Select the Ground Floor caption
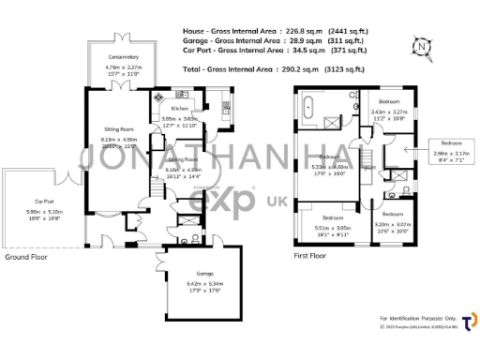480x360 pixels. pyautogui.click(x=26, y=256)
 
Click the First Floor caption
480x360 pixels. pyautogui.click(x=313, y=255)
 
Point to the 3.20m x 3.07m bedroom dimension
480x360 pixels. pyautogui.click(x=392, y=224)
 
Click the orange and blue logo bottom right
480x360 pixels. pyautogui.click(x=469, y=322)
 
